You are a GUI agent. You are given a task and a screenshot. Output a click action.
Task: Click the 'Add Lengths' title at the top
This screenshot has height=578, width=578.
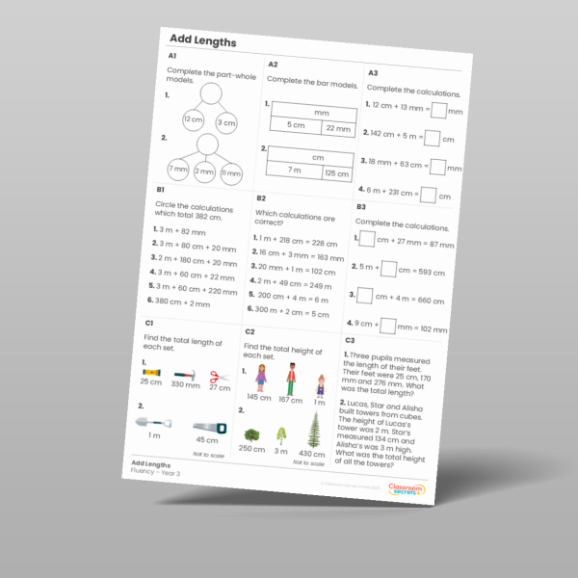202,40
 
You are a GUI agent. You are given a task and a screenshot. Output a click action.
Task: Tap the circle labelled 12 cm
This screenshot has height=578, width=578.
194,120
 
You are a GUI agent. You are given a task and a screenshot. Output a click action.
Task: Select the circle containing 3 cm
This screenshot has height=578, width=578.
226,123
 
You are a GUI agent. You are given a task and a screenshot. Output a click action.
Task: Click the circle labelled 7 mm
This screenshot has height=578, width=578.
179,170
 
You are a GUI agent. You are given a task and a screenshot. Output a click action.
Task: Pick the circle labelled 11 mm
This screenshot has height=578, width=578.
230,173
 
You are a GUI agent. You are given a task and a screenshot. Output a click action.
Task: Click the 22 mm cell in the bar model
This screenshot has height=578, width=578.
338,128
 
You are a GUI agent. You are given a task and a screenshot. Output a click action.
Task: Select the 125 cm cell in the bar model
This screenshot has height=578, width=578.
335,173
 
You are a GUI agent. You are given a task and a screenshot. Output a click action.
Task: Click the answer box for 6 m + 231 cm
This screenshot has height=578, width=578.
427,196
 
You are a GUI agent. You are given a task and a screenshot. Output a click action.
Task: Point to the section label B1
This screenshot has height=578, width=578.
161,191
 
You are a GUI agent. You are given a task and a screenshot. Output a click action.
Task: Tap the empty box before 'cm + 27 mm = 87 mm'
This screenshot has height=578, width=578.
366,237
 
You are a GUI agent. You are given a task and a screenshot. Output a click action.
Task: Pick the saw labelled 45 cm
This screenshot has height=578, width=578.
208,427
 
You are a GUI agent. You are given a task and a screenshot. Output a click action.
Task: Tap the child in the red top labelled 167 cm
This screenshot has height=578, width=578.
290,379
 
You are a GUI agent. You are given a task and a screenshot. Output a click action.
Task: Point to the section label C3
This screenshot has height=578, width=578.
350,340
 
